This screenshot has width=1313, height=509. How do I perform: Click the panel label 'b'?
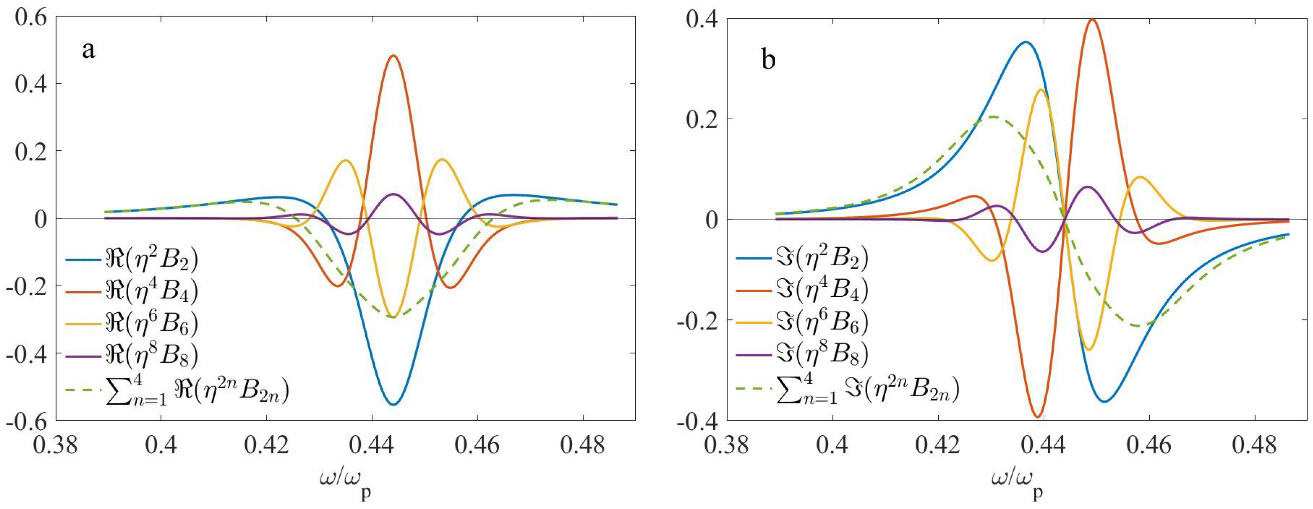pos(768,60)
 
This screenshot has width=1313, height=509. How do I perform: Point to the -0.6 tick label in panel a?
pos(26,421)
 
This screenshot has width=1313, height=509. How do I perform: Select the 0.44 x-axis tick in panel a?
pos(371,446)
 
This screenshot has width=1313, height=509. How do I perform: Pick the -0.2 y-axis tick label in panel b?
pos(698,320)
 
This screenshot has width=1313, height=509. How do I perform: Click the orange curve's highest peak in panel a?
pos(393,56)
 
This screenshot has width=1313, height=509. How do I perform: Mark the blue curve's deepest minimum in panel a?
pos(393,404)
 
